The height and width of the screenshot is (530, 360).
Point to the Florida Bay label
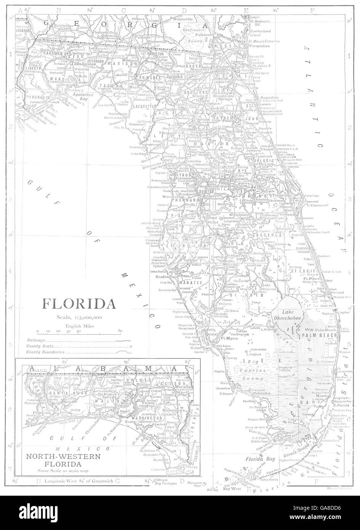point(258,459)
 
